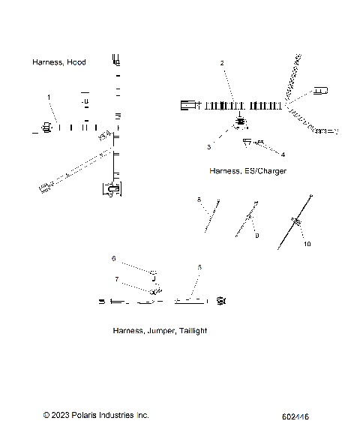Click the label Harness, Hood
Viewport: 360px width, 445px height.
[58, 62]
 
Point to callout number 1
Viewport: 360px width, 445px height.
[49, 97]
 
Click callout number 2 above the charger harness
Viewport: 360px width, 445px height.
[222, 64]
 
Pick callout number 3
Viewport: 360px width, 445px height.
[209, 147]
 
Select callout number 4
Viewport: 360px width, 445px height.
[283, 155]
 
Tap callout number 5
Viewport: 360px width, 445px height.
[199, 267]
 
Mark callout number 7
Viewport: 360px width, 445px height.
[116, 279]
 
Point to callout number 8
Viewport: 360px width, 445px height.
[199, 200]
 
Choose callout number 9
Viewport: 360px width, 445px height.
[256, 236]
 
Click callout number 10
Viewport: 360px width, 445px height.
[306, 244]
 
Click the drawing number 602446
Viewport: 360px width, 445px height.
[296, 416]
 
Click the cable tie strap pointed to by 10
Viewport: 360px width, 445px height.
[296, 223]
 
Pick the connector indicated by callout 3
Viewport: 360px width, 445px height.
[240, 122]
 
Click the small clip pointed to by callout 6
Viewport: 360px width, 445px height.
[152, 274]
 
